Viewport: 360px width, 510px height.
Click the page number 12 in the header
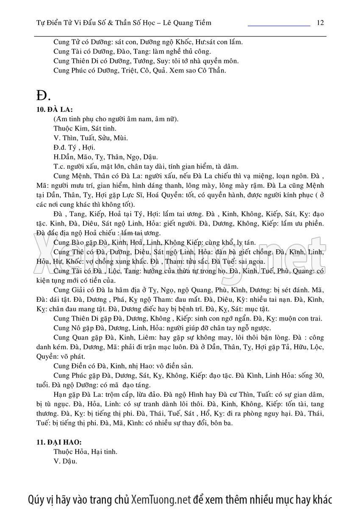point(320,22)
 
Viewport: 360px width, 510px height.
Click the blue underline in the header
point(279,26)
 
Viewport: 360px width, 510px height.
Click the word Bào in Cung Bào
point(79,242)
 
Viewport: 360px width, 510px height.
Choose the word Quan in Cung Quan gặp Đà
point(80,338)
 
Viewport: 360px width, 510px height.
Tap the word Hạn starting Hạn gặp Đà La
point(61,394)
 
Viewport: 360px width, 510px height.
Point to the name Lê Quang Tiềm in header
point(188,22)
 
